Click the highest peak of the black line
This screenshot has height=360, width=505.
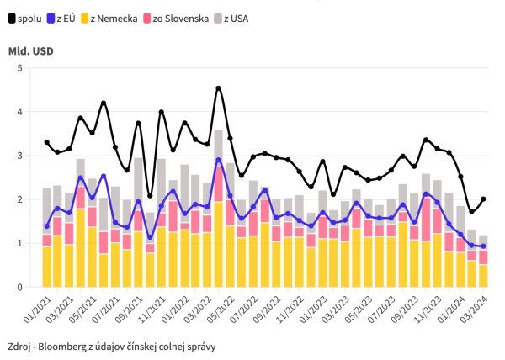pyautogui.click(x=219, y=87)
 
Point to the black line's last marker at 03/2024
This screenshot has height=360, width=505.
pyautogui.click(x=483, y=199)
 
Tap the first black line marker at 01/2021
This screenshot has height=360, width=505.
pyautogui.click(x=47, y=142)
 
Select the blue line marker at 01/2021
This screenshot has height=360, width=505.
pyautogui.click(x=47, y=226)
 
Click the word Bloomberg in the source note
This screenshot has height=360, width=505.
pyautogui.click(x=71, y=346)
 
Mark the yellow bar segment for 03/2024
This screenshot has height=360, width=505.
pyautogui.click(x=483, y=276)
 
